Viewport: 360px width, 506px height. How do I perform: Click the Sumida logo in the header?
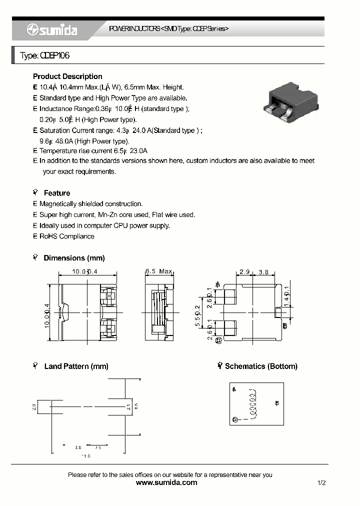click(x=52, y=30)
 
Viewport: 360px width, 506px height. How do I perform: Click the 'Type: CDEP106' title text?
click(x=44, y=56)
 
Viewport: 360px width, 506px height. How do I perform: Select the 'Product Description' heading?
click(x=67, y=76)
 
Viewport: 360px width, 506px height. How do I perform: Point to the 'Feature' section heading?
click(x=57, y=193)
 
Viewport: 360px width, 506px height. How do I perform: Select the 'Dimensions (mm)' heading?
click(x=74, y=258)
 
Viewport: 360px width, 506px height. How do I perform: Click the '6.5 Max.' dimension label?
click(x=159, y=271)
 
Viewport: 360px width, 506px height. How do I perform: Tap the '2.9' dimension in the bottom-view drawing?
click(x=244, y=272)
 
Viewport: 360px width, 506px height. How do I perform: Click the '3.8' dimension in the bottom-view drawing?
click(x=263, y=272)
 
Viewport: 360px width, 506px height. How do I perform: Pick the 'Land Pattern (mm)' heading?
click(x=76, y=366)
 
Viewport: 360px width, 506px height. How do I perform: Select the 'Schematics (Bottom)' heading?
click(x=261, y=366)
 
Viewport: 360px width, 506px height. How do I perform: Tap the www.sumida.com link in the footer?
click(x=166, y=482)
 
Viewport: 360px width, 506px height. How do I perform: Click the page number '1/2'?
click(x=321, y=483)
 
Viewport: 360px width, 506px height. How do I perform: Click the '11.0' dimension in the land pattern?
click(x=86, y=456)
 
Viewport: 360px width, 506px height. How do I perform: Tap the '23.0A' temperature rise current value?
click(x=138, y=150)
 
